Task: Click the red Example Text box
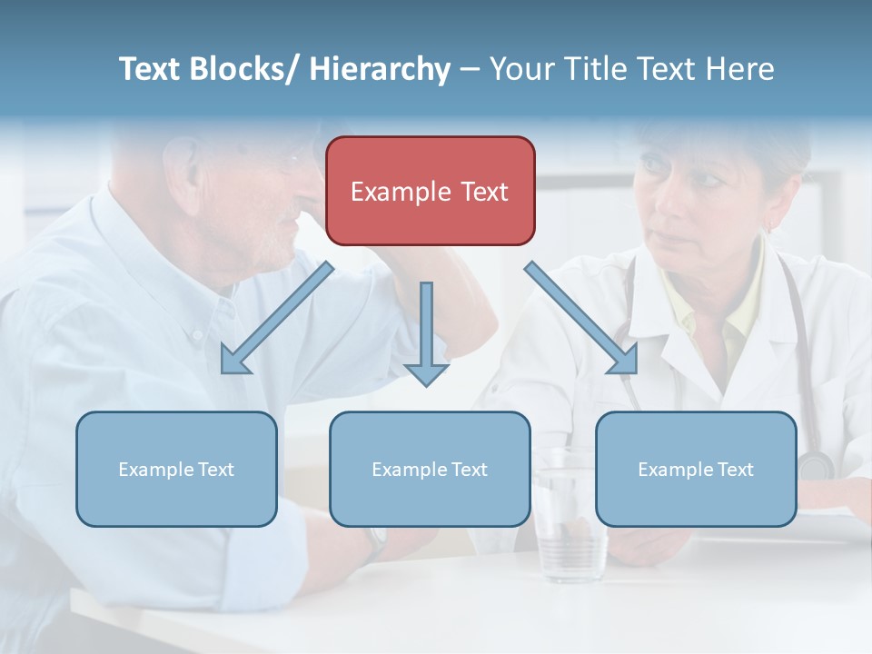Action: point(430,191)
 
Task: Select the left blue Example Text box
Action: point(176,469)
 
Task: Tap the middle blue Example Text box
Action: point(430,469)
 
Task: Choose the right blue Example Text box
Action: point(696,469)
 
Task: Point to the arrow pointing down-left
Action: point(276,319)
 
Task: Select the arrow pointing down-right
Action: point(581,319)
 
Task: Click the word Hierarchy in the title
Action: point(380,69)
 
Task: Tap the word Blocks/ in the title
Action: point(238,69)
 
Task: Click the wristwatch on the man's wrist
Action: point(375,542)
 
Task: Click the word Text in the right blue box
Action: point(735,470)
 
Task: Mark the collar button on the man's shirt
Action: point(196,334)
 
